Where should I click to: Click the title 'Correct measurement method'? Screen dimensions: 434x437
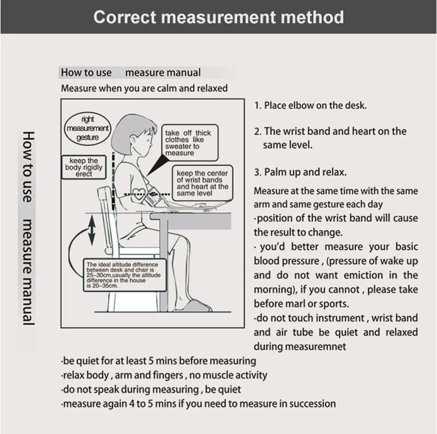click(218, 17)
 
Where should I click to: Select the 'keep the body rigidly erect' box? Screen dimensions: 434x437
click(84, 167)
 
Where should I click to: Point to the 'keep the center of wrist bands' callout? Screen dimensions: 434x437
click(201, 183)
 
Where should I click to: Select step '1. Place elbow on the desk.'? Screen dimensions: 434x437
click(310, 105)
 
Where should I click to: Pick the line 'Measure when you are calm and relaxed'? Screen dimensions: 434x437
click(144, 88)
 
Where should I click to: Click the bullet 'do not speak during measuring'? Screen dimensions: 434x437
click(151, 389)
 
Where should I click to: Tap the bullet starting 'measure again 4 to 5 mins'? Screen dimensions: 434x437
click(198, 403)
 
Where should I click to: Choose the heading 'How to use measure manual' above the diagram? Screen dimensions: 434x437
click(130, 73)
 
